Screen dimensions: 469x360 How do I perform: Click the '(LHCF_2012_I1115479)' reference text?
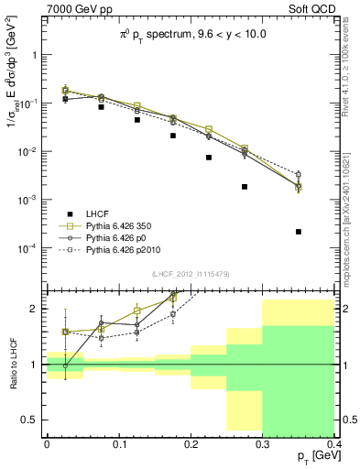191,274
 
